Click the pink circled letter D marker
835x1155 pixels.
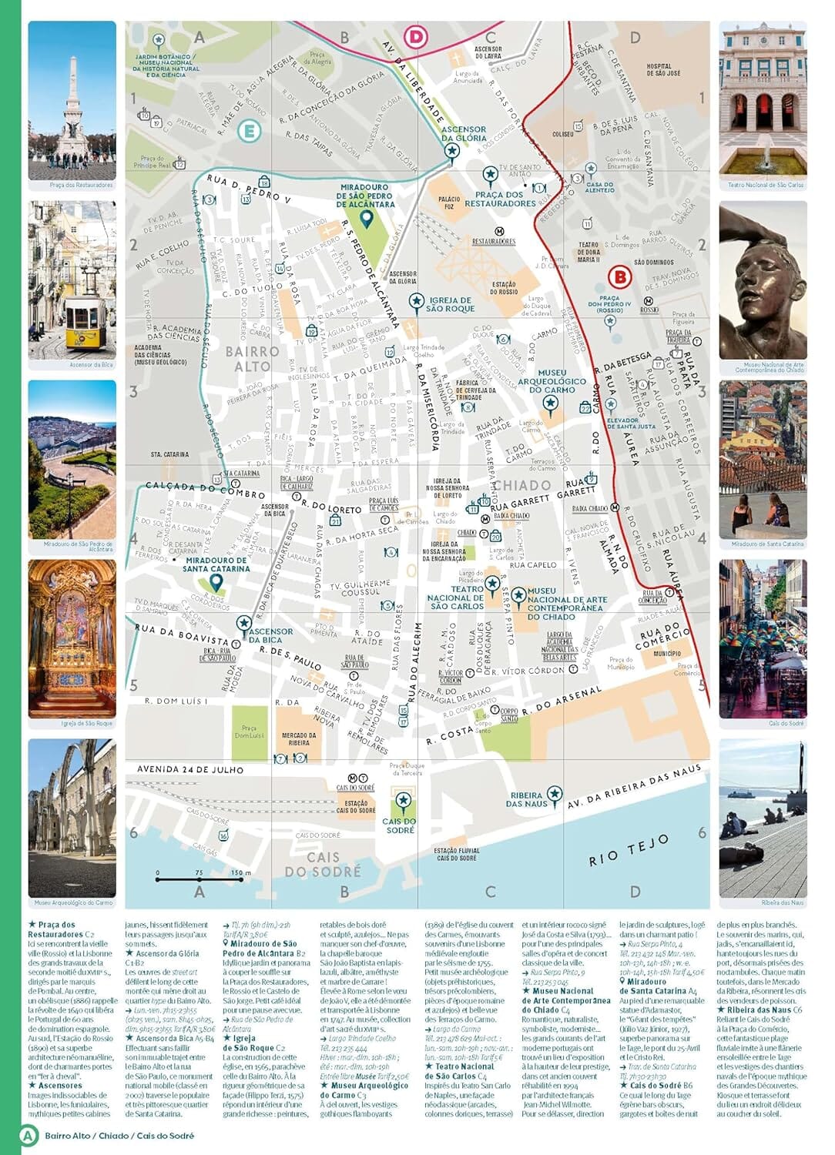point(416,36)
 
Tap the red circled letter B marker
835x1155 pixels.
point(619,276)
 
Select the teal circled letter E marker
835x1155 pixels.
point(248,131)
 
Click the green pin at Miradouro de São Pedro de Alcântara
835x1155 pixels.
point(367,220)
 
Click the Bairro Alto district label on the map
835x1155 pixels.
point(252,359)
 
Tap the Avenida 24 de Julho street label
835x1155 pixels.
point(189,769)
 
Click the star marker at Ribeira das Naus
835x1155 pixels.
point(554,794)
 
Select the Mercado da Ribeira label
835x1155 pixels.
point(298,739)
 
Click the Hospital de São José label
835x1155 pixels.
point(663,70)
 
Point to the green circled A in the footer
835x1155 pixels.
point(29,1135)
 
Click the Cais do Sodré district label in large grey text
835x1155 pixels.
point(323,865)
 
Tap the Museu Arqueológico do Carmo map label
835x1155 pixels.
point(552,381)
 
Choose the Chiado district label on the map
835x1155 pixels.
point(521,485)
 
